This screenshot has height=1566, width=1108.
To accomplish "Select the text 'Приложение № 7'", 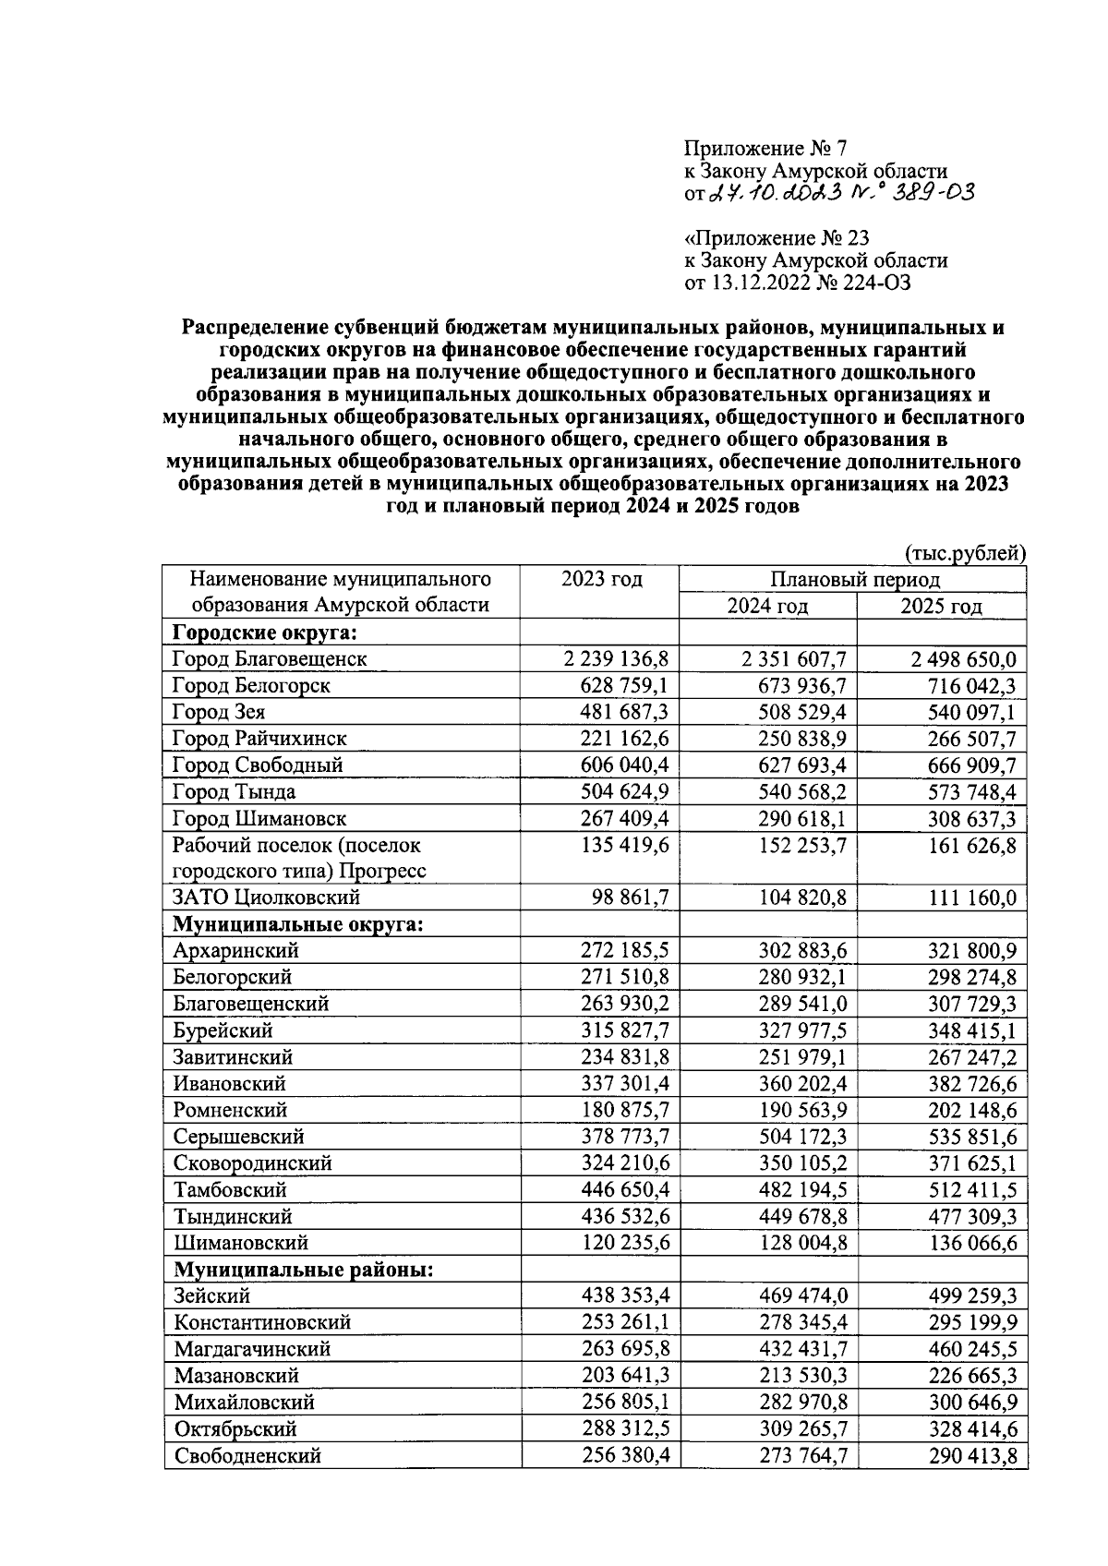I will [765, 148].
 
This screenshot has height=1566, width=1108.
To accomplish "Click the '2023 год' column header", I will [601, 580].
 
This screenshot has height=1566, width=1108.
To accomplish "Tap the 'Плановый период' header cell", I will [854, 580].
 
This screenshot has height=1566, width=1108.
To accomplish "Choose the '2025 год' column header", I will [941, 607].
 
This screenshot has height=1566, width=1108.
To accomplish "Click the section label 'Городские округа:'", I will [264, 632].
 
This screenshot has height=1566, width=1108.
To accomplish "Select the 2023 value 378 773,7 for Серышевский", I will [625, 1137].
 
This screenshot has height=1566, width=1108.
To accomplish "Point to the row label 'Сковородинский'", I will [252, 1163].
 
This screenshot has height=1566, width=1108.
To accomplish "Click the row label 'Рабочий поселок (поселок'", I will [295, 845].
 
